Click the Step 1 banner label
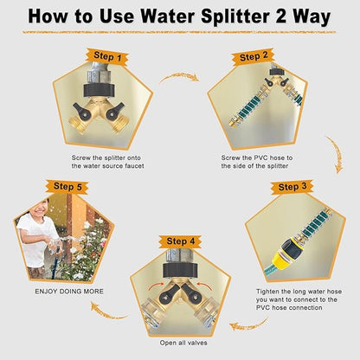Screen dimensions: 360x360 coord(107,56)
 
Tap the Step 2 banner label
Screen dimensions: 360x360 coord(254,56)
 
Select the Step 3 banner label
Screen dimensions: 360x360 coord(292,187)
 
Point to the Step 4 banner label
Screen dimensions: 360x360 coord(181,241)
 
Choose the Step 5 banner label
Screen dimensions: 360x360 coord(67,187)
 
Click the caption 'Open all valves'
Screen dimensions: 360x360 coord(183,343)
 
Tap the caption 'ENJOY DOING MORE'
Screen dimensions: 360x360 coord(69,292)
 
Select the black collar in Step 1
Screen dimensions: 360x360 coord(100,90)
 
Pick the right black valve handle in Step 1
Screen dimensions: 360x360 coord(115,112)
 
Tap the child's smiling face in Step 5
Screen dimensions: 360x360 coord(41,208)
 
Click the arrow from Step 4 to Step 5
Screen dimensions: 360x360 coord(107,312)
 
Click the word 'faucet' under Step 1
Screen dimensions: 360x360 coord(134,166)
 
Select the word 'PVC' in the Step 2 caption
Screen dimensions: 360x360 coord(261,157)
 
